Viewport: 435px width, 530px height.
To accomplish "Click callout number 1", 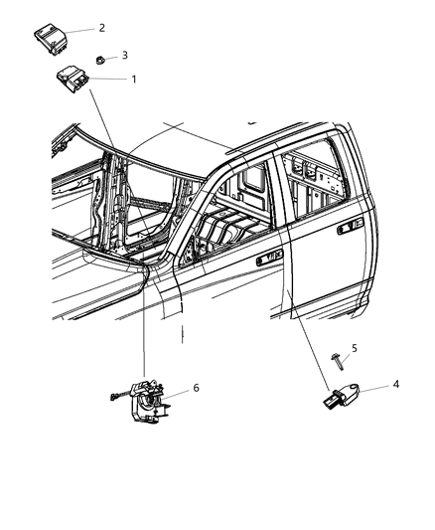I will pos(135,79).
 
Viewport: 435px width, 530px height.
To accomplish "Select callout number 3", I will pos(125,56).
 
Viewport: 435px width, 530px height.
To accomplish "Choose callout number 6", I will pos(196,388).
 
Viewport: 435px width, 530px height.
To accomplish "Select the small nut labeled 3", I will pos(104,61).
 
